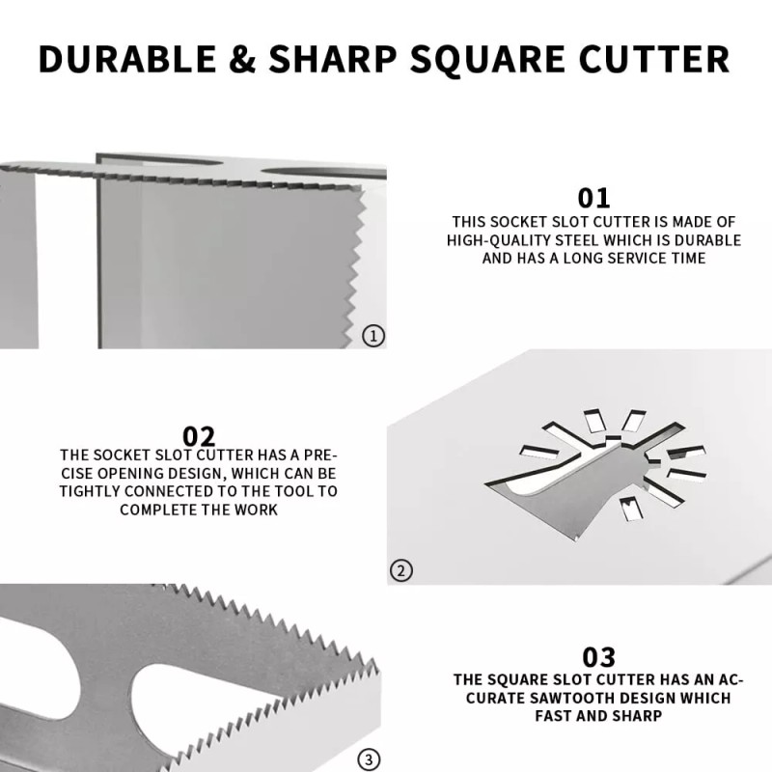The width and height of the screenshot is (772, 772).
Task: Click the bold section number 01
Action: click(x=593, y=198)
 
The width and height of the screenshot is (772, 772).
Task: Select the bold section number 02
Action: click(x=199, y=435)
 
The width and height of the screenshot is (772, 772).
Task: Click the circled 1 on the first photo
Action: click(x=372, y=336)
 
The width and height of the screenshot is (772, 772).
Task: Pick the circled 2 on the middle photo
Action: click(x=400, y=570)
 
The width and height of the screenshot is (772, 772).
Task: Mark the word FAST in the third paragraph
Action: click(x=555, y=716)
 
